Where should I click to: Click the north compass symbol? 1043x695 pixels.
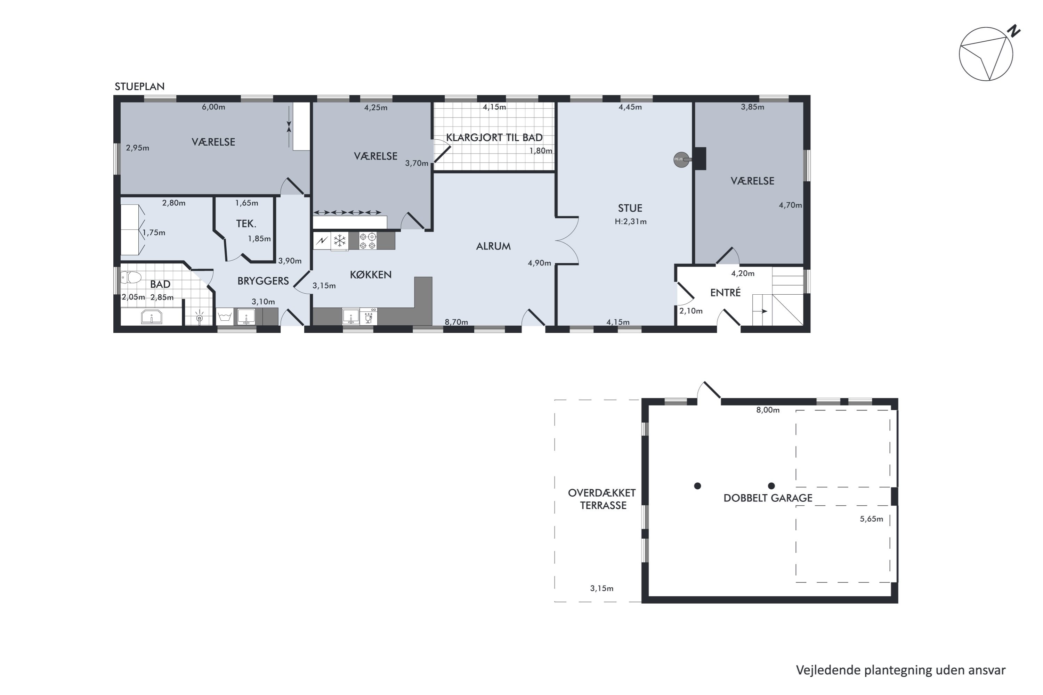pyautogui.click(x=986, y=54)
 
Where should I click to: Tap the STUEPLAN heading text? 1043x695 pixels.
pyautogui.click(x=140, y=87)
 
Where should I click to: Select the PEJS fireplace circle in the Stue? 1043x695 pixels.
pyautogui.click(x=681, y=160)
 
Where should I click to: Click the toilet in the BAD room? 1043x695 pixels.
pyautogui.click(x=130, y=277)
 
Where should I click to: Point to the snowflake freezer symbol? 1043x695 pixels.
pyautogui.click(x=340, y=241)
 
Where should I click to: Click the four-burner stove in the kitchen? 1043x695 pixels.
pyautogui.click(x=367, y=241)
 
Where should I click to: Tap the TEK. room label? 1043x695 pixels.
pyautogui.click(x=246, y=223)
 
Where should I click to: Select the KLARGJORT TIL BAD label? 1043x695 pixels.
pyautogui.click(x=494, y=137)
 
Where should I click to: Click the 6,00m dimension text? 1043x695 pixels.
pyautogui.click(x=213, y=107)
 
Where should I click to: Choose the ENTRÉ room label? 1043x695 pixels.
pyautogui.click(x=726, y=292)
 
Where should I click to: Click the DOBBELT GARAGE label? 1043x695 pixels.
pyautogui.click(x=768, y=498)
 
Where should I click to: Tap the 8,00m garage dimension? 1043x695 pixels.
pyautogui.click(x=768, y=410)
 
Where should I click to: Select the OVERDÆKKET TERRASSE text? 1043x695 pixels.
pyautogui.click(x=602, y=499)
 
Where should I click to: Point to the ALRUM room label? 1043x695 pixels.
pyautogui.click(x=493, y=246)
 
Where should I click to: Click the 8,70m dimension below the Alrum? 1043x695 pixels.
pyautogui.click(x=456, y=322)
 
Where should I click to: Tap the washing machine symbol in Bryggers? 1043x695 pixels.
pyautogui.click(x=225, y=317)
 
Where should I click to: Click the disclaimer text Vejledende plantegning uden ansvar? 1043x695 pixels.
pyautogui.click(x=901, y=670)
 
